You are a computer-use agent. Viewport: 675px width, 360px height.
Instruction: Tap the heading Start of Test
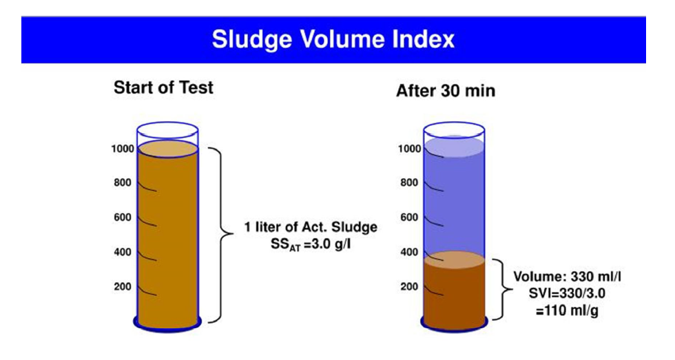pyautogui.click(x=163, y=87)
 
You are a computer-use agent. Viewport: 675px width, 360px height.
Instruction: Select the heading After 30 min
pyautogui.click(x=446, y=91)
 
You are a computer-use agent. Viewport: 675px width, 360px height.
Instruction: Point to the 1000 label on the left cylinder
pyautogui.click(x=123, y=149)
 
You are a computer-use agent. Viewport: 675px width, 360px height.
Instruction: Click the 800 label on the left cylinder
pyautogui.click(x=123, y=183)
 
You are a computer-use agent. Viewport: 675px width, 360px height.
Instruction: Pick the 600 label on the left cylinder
pyautogui.click(x=123, y=218)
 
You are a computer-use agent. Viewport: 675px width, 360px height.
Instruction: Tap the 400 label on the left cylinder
pyautogui.click(x=123, y=252)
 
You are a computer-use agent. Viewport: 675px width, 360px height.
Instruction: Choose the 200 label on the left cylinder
pyautogui.click(x=123, y=286)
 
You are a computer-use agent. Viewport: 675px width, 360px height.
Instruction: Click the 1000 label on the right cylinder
pyautogui.click(x=409, y=149)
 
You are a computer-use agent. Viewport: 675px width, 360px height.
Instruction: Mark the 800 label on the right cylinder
pyautogui.click(x=409, y=183)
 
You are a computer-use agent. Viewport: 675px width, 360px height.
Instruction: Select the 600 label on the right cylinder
pyautogui.click(x=409, y=218)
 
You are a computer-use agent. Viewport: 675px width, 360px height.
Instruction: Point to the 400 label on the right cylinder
pyautogui.click(x=409, y=252)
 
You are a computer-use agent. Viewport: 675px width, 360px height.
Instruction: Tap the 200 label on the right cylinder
pyautogui.click(x=409, y=286)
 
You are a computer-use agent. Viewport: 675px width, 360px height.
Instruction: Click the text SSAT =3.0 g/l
pyautogui.click(x=311, y=245)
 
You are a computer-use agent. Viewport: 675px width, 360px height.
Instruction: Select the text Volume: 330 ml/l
pyautogui.click(x=567, y=277)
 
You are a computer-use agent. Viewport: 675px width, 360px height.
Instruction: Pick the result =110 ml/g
pyautogui.click(x=567, y=310)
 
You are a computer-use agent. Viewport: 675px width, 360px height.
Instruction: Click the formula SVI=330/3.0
pyautogui.click(x=567, y=293)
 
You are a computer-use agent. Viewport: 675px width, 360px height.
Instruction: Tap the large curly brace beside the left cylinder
pyautogui.click(x=232, y=235)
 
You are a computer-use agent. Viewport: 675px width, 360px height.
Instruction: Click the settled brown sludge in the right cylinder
pyautogui.click(x=454, y=297)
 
